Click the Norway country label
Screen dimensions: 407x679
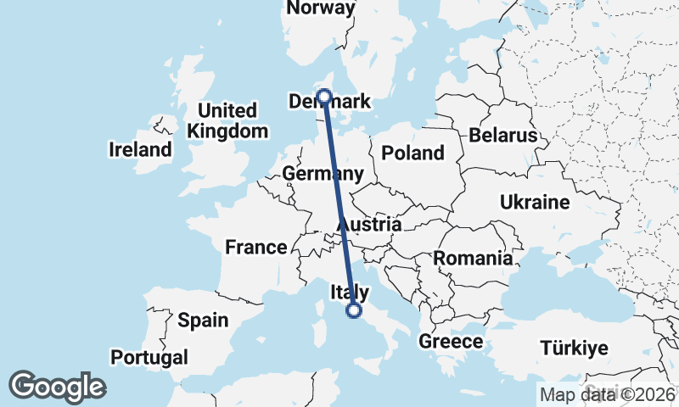point(321,8)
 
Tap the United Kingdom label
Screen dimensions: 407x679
point(227,121)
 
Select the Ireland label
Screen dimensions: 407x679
point(140,150)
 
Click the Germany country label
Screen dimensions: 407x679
point(323,174)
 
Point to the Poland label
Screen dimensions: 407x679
point(412,153)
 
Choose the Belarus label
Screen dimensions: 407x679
point(502,136)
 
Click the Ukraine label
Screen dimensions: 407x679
point(535,203)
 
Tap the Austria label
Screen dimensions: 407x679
point(370,225)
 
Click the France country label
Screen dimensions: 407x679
point(255,247)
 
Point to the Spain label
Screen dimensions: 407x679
point(203,321)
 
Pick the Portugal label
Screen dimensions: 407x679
point(149,356)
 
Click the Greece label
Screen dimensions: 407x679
point(451,342)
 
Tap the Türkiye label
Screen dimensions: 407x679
point(575,348)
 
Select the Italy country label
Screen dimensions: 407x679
point(349,293)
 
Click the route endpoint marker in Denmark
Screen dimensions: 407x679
point(323,96)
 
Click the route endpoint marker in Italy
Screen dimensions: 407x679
point(354,312)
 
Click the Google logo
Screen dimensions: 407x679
point(57,387)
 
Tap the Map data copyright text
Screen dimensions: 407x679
point(607,394)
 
